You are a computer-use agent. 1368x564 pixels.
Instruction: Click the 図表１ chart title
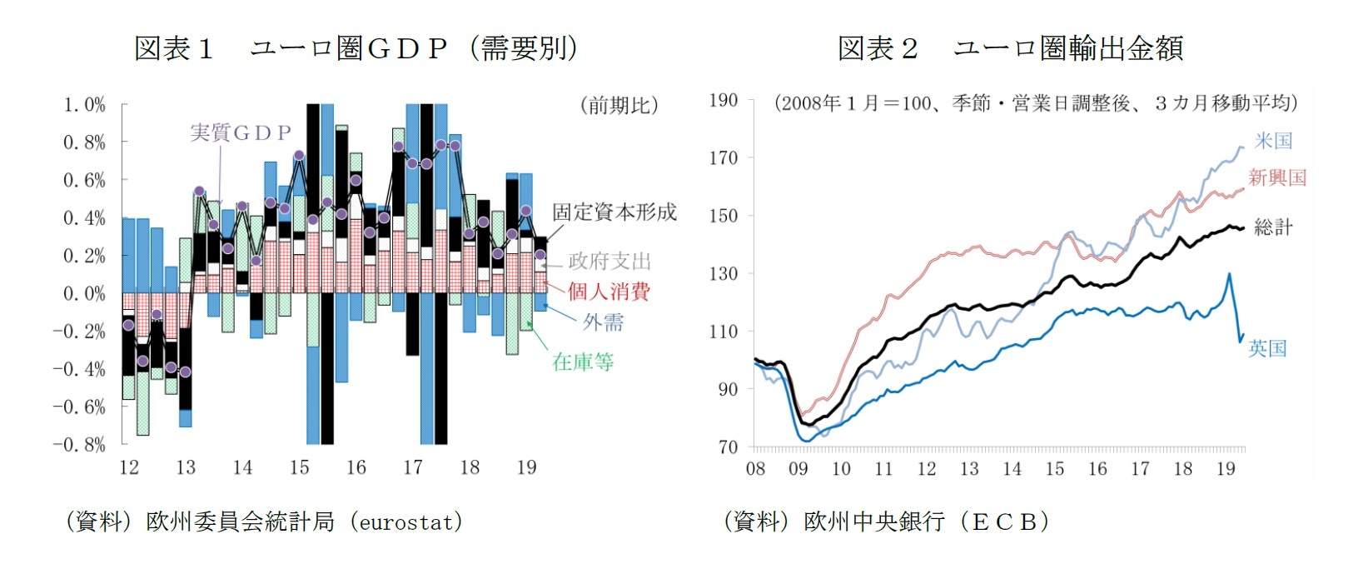click(356, 48)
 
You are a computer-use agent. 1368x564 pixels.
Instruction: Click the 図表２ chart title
click(1009, 48)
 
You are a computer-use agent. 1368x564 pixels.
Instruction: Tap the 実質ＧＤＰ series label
click(241, 132)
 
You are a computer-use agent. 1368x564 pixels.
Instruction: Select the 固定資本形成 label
click(614, 212)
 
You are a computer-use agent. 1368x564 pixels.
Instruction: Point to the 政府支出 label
click(609, 262)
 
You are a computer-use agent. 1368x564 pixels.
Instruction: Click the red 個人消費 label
click(609, 292)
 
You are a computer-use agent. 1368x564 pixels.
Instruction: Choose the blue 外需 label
click(603, 322)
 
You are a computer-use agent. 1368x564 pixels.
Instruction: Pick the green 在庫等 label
click(583, 362)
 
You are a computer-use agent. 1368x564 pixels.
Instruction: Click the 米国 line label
click(1273, 141)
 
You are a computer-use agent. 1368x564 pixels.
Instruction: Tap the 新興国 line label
click(1277, 177)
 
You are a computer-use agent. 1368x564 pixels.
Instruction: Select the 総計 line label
click(1273, 227)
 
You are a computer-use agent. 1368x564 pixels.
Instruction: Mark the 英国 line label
click(1267, 348)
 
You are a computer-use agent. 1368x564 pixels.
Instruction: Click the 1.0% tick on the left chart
click(85, 105)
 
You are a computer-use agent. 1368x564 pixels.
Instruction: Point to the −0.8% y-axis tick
click(80, 444)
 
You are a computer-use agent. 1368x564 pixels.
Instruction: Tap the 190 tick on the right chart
click(723, 101)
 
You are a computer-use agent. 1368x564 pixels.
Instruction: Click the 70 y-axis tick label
click(728, 447)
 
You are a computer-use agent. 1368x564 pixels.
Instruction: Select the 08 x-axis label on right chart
click(755, 468)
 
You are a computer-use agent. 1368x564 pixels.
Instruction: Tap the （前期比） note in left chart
click(619, 105)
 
